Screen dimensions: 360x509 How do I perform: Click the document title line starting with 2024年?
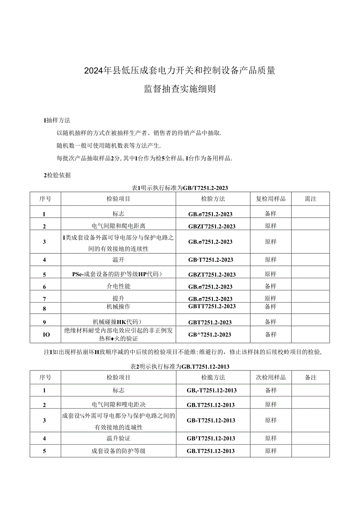pos(180,71)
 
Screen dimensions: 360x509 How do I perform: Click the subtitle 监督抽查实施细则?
pos(180,89)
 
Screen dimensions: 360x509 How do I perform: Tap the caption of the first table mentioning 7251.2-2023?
pos(180,188)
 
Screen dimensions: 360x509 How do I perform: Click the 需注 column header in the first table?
pos(310,199)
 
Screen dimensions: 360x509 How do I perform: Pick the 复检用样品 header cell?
pos(271,199)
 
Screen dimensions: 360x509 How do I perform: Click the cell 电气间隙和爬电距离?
pos(119,226)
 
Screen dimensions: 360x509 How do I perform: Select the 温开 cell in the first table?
pos(119,259)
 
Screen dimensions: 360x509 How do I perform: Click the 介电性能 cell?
pos(119,286)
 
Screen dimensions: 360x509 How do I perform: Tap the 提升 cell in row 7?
pos(119,299)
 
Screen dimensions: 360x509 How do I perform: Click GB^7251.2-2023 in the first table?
pos(210,335)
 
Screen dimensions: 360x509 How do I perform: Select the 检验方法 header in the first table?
pos(213,199)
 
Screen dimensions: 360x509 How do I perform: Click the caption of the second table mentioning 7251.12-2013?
pos(180,367)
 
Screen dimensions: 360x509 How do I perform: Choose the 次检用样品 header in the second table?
pos(271,378)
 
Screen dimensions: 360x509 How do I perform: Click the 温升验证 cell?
pos(119,438)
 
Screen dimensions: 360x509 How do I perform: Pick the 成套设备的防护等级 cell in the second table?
pos(119,451)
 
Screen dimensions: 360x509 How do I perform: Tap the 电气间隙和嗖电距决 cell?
pos(119,404)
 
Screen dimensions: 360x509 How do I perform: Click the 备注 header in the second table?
pos(310,378)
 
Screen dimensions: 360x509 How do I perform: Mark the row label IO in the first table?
pos(45,335)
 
